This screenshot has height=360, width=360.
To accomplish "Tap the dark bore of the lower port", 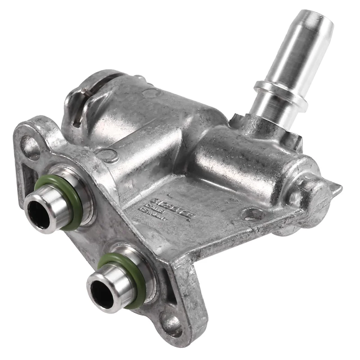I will point(101,295).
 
